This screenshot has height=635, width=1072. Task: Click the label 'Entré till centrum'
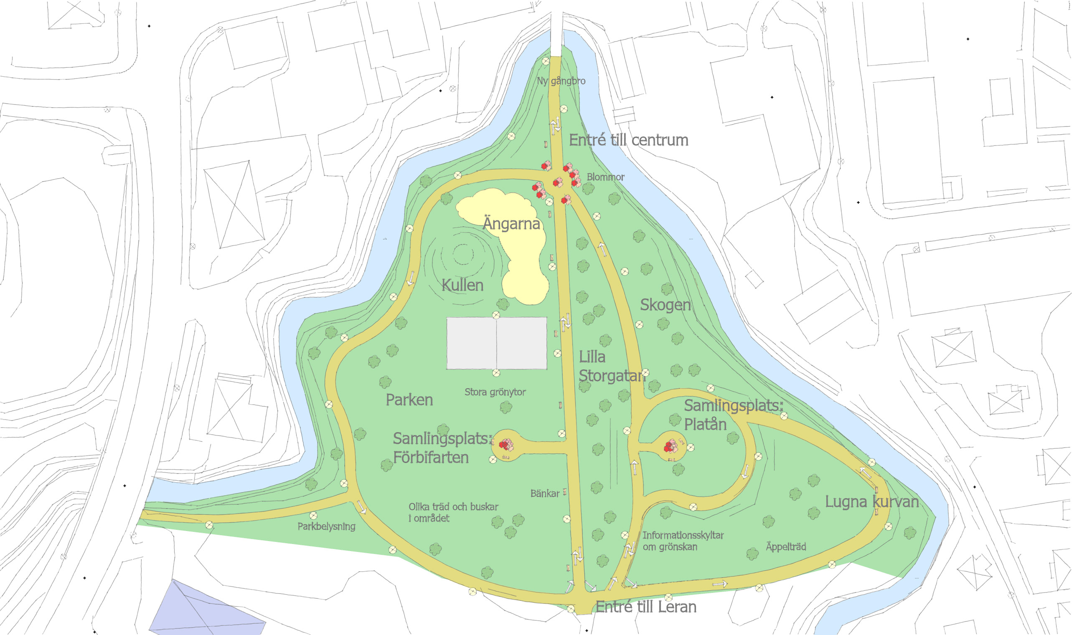click(628, 140)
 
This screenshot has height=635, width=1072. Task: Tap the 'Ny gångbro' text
click(561, 81)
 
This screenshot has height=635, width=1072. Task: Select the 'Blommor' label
click(605, 177)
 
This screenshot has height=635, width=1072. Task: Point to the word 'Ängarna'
click(512, 223)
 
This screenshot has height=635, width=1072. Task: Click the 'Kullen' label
click(462, 286)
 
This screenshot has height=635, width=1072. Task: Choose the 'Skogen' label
click(665, 305)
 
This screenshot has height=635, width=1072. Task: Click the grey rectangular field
click(497, 343)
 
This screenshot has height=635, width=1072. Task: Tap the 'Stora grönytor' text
click(495, 392)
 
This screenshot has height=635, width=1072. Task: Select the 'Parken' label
click(409, 400)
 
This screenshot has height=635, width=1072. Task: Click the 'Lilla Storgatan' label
click(611, 367)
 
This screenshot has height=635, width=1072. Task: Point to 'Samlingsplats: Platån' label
click(733, 415)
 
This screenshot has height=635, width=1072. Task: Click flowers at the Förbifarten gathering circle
click(506, 445)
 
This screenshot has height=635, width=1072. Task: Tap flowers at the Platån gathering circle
click(670, 447)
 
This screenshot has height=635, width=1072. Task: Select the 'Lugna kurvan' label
click(871, 502)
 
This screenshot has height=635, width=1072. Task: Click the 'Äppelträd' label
click(785, 547)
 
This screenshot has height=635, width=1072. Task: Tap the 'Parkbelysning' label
click(326, 527)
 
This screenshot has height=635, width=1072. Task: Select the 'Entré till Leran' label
click(645, 607)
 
